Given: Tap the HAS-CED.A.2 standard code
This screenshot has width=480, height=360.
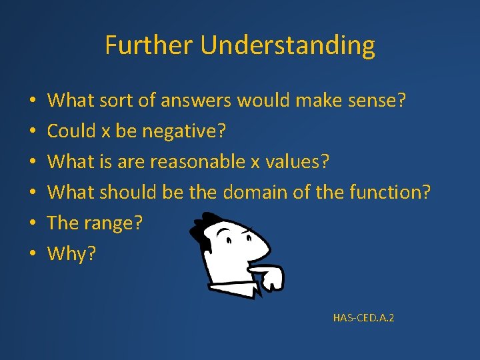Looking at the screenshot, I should [x=363, y=318].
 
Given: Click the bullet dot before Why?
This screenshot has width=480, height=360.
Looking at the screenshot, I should [x=32, y=255].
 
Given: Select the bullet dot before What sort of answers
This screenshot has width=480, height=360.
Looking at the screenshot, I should [x=32, y=101].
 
